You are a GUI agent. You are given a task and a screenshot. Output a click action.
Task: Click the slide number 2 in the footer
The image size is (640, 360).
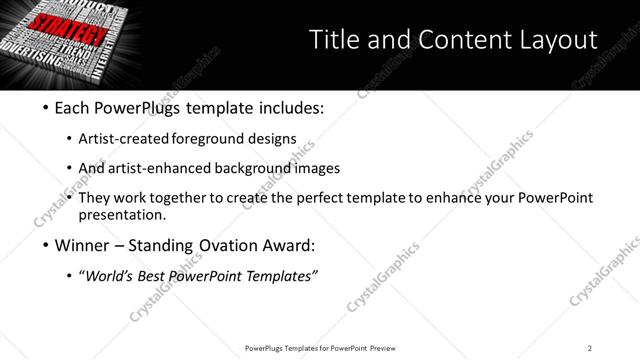[x=590, y=348]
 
